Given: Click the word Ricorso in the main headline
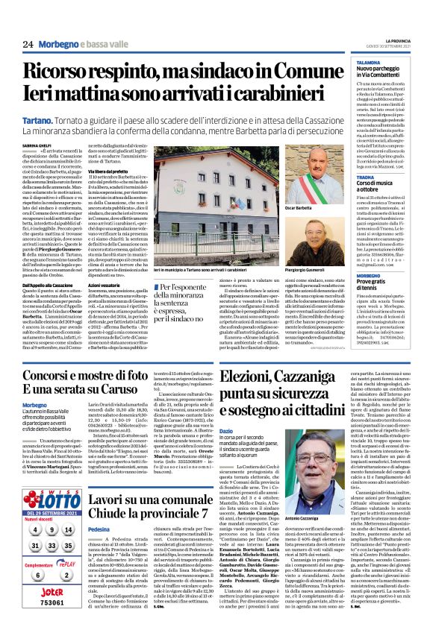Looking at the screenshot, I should pos(63,72).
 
